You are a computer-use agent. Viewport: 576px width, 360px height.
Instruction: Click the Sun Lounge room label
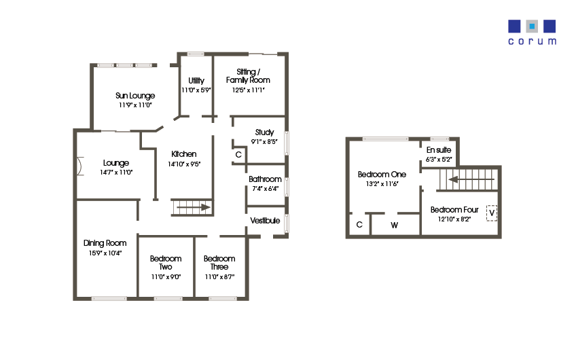tap(135, 96)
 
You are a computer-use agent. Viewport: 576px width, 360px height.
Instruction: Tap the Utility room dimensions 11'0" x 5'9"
tap(196, 90)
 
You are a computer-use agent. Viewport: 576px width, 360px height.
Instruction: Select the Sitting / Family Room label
tap(248, 75)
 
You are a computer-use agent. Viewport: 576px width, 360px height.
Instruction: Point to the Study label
tap(264, 132)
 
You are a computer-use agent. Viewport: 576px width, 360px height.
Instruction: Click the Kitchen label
tap(183, 154)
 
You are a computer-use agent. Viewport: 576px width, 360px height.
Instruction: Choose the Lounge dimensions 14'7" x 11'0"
tap(116, 172)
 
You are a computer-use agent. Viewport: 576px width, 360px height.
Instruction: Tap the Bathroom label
tap(265, 179)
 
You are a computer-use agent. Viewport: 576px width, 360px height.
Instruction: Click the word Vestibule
tap(265, 221)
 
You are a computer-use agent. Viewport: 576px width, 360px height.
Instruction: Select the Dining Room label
tap(105, 243)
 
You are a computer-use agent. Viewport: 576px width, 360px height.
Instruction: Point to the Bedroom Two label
tap(166, 262)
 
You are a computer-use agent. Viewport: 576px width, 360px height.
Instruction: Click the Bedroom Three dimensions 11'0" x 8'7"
tap(219, 276)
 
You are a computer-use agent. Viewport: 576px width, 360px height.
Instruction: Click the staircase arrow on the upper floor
tap(468, 180)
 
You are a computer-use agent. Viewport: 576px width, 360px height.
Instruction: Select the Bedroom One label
tap(382, 175)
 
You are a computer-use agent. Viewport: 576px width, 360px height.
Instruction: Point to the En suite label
tap(439, 149)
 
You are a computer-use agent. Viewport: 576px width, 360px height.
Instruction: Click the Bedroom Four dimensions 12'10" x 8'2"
tap(455, 219)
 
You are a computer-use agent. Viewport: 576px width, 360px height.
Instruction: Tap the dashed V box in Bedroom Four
tap(492, 213)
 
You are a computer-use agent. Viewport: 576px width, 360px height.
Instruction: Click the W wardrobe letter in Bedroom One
tap(395, 226)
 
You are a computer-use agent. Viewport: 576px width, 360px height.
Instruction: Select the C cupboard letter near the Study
tap(238, 155)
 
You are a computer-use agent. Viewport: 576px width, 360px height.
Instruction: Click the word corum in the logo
tap(532, 41)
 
